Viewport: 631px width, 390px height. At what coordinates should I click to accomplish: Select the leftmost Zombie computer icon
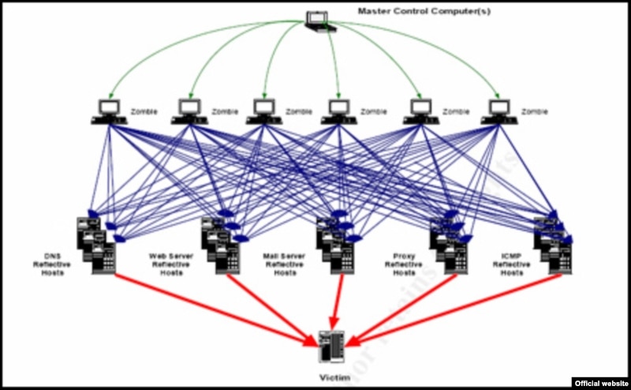click(x=108, y=111)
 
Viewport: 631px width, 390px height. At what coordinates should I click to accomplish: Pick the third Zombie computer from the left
click(x=265, y=111)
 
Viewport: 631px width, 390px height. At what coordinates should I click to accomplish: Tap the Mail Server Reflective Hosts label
click(x=284, y=264)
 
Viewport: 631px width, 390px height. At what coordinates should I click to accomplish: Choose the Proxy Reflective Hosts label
click(x=403, y=264)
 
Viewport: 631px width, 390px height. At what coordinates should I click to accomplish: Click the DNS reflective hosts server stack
click(x=96, y=245)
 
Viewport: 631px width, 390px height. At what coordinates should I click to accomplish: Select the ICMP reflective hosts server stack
click(x=553, y=245)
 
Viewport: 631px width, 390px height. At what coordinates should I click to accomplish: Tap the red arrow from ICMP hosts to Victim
click(x=457, y=308)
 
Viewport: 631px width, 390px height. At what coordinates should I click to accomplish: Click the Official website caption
click(x=601, y=382)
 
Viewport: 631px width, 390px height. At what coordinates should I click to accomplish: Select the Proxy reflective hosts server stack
click(x=448, y=245)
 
